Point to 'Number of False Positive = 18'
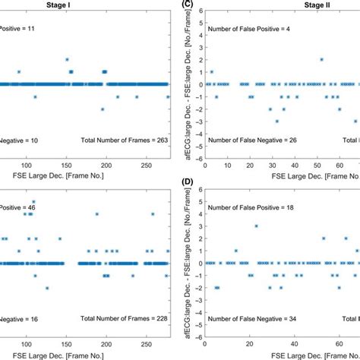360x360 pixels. point(260,209)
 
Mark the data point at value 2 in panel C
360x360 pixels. point(321,59)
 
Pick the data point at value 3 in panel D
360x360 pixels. point(257,226)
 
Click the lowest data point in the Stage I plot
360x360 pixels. point(103,109)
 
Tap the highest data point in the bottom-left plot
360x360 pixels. point(33,201)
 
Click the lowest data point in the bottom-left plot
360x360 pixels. point(47,288)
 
